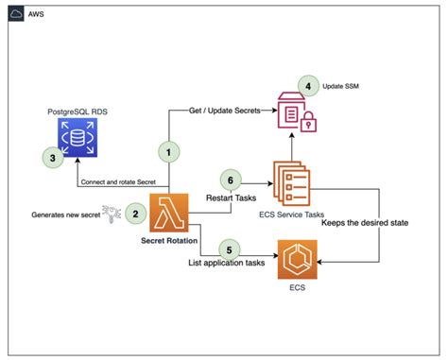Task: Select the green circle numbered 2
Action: click(136, 215)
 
